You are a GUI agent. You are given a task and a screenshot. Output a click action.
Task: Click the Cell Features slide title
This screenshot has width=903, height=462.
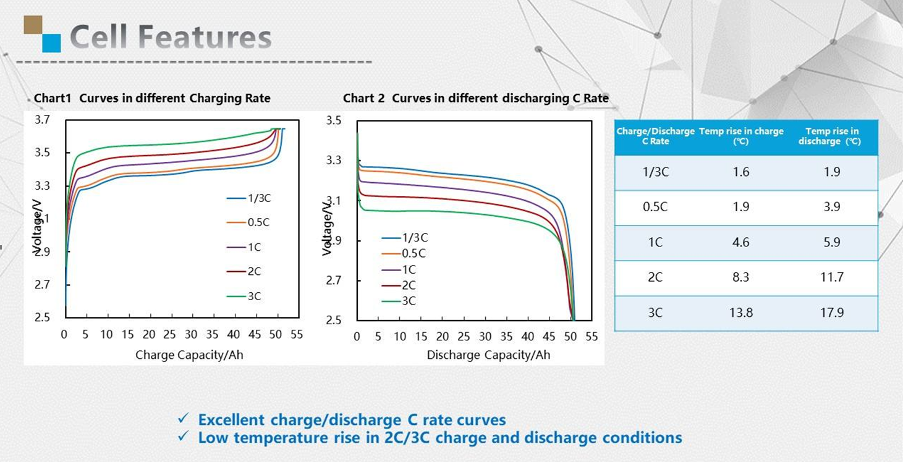pos(170,37)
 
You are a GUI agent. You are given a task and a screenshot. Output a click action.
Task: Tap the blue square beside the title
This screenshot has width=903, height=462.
pos(51,43)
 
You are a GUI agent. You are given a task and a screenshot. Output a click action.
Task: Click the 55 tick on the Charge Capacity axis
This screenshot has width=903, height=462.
pos(297,335)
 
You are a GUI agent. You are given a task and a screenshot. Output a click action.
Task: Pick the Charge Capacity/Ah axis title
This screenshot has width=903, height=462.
pos(189,355)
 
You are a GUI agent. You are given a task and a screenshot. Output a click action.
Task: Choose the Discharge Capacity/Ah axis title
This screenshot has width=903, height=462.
pos(488,355)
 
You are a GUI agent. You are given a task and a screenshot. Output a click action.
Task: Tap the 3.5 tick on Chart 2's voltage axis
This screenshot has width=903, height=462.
pos(334,120)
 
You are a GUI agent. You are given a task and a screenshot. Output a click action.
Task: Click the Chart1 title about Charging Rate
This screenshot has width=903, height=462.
pos(152,98)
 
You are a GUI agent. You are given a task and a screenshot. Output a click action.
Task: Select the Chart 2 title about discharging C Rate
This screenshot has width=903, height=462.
pos(476,98)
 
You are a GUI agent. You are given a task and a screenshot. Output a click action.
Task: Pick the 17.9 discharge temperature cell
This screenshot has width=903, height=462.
pos(832,313)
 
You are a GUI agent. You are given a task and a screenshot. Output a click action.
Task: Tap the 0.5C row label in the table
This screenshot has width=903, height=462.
pos(655,207)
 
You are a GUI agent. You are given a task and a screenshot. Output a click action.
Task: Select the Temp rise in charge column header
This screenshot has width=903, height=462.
pos(741,136)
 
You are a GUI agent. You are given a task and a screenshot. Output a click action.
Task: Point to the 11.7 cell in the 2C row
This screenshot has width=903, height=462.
pos(832,277)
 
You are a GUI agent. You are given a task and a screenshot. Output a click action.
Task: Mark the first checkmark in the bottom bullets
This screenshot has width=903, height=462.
pos(183,419)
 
